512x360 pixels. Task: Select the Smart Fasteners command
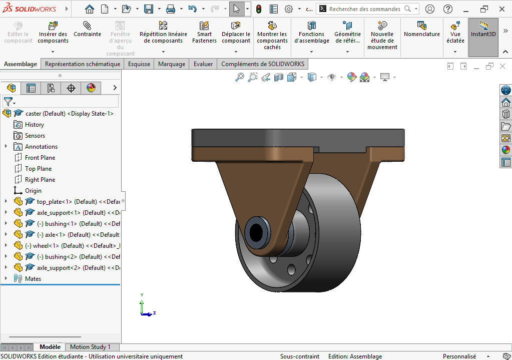click(x=204, y=33)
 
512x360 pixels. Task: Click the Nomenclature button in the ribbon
click(x=421, y=30)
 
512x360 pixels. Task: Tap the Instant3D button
click(x=483, y=30)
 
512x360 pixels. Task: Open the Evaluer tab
click(x=203, y=64)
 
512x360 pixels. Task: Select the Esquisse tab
click(x=139, y=64)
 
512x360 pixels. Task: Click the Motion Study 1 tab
click(x=90, y=347)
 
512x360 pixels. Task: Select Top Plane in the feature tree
click(x=38, y=169)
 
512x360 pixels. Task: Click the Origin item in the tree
click(x=33, y=191)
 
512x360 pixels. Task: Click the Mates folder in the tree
click(x=33, y=279)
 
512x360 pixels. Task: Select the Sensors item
click(x=35, y=136)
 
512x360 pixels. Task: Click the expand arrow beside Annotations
click(x=6, y=147)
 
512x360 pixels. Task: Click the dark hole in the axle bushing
click(x=256, y=231)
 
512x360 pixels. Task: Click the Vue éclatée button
click(x=455, y=33)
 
